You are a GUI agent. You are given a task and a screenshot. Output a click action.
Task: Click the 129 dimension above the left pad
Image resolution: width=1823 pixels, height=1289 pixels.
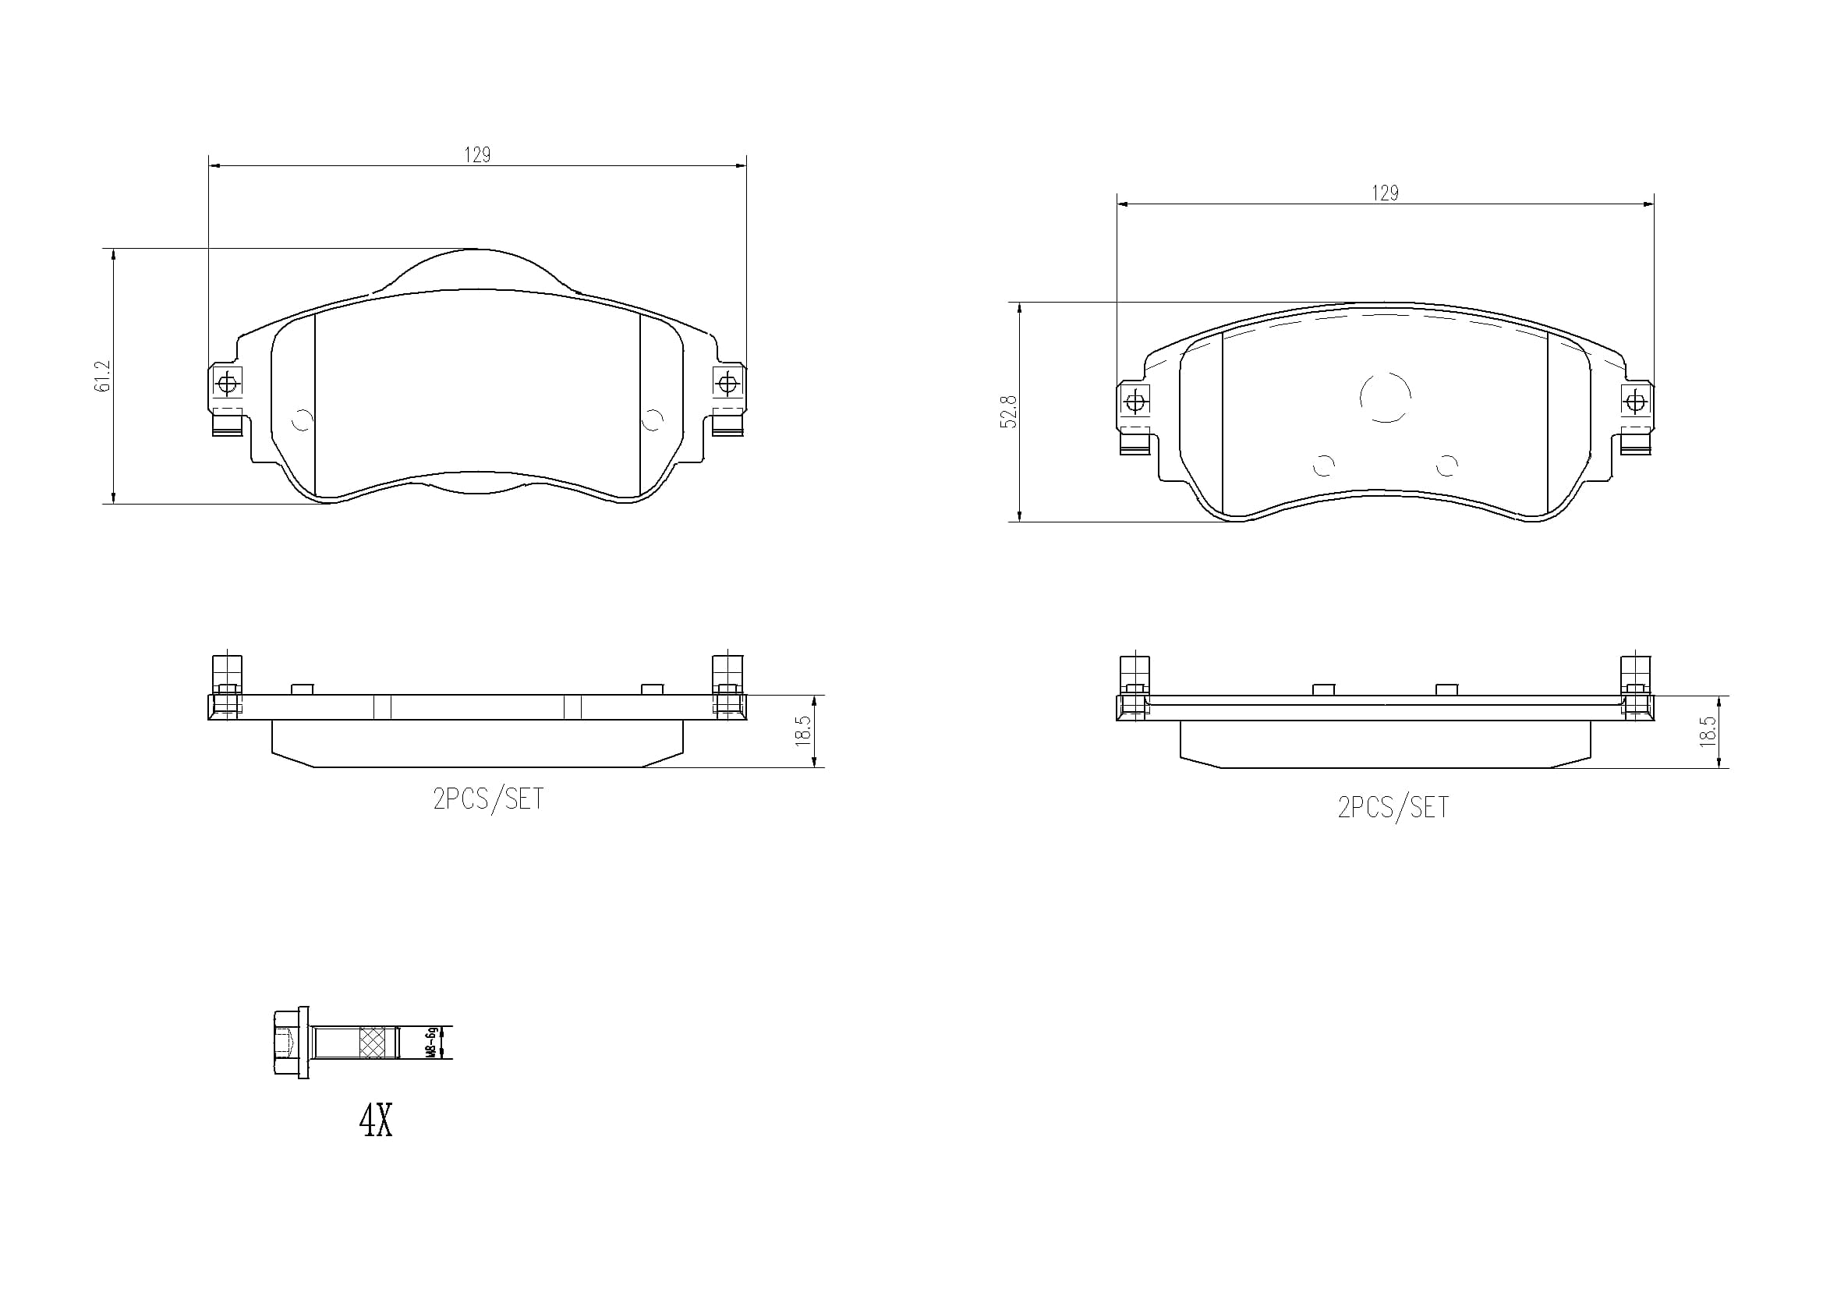[x=477, y=155]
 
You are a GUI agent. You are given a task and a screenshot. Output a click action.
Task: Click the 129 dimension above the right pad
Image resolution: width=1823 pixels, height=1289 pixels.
[x=1385, y=193]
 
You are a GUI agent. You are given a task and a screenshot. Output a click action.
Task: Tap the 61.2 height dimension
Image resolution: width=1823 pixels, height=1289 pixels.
[x=102, y=376]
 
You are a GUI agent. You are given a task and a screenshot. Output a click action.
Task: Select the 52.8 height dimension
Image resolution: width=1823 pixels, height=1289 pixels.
[x=1008, y=413]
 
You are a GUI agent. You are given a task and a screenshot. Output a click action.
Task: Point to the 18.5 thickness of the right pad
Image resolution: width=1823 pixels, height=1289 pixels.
[x=1707, y=731]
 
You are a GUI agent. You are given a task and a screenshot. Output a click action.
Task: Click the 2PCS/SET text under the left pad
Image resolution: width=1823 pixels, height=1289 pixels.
[x=488, y=799]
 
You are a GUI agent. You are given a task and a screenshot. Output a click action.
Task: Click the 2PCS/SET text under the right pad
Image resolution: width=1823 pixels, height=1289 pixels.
[x=1393, y=807]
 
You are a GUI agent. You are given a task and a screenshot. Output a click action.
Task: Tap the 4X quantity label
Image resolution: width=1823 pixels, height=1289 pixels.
[x=376, y=1121]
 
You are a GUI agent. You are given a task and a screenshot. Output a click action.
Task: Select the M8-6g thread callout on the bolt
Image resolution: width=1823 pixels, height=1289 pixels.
[x=431, y=1042]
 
